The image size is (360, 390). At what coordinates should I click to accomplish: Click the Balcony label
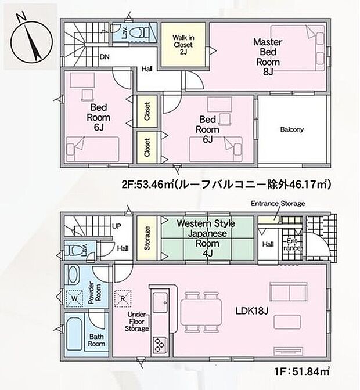(x=291, y=129)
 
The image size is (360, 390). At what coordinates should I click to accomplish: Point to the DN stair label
(x=105, y=57)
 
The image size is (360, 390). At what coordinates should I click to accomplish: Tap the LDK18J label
(x=251, y=312)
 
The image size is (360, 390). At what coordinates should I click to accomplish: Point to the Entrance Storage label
(x=278, y=204)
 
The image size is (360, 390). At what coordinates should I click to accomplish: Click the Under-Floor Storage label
(x=137, y=323)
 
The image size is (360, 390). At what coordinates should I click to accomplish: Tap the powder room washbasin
(x=74, y=275)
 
